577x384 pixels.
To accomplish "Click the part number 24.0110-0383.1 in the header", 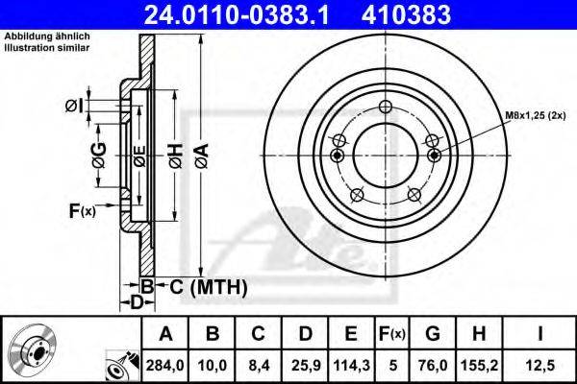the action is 237,14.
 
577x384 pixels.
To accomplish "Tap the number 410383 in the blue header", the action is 406,14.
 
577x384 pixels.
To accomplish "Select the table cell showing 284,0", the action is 164,366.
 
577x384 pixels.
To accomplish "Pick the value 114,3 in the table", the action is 351,366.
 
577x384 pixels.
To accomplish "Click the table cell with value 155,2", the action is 480,366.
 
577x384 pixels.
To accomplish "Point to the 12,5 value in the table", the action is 539,366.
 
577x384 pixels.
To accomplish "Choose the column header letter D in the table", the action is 306,334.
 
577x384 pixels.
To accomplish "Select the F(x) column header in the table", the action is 392,334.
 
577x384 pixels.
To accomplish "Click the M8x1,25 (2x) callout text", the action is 535,115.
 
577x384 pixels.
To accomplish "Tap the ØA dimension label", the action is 202,156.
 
